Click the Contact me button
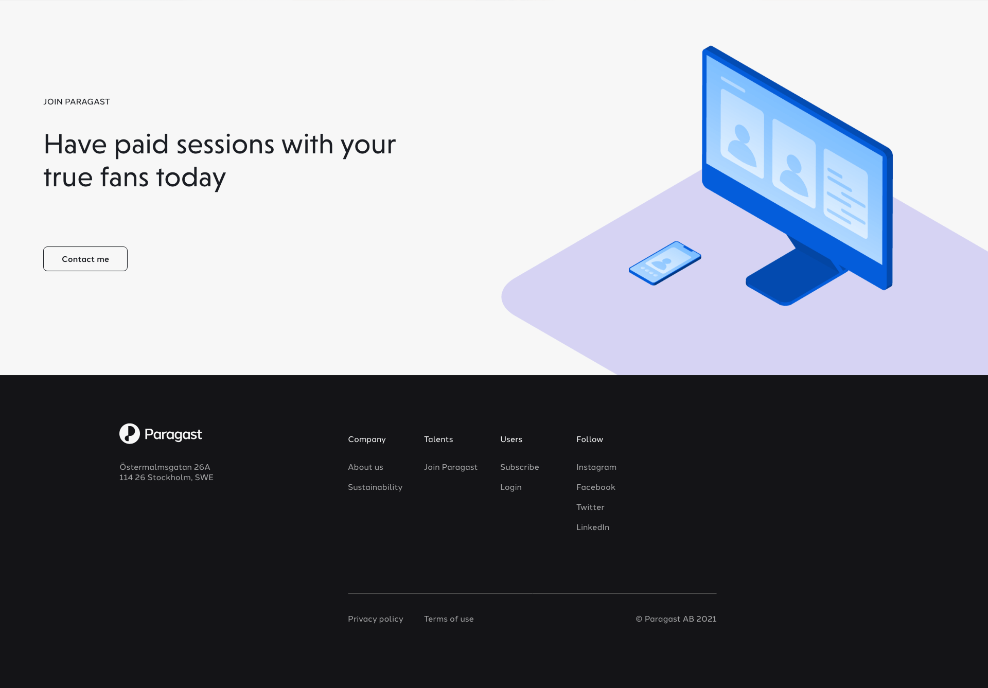click(85, 259)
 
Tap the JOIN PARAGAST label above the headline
click(77, 102)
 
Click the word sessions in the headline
click(225, 144)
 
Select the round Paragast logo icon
click(130, 434)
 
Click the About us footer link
click(365, 467)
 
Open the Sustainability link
click(375, 487)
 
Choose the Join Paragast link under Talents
click(451, 467)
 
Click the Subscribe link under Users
click(520, 467)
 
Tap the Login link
click(511, 487)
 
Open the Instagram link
click(596, 467)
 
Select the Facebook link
click(596, 487)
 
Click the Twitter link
click(590, 507)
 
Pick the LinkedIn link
click(593, 527)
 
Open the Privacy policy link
click(376, 619)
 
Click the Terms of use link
click(449, 619)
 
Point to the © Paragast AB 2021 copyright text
click(676, 619)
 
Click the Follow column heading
click(590, 439)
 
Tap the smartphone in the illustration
click(665, 263)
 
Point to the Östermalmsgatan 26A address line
click(165, 467)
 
